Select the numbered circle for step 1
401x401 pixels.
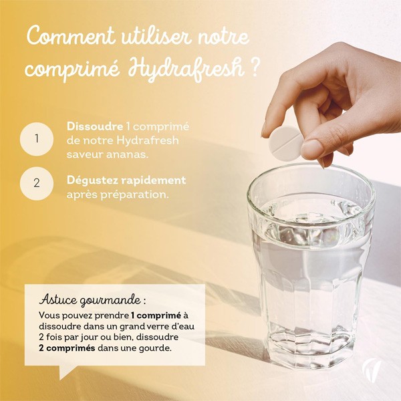tap(36, 140)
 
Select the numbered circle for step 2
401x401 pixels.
tap(36, 183)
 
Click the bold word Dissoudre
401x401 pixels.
tap(95, 126)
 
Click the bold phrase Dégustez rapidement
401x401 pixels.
tap(126, 180)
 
